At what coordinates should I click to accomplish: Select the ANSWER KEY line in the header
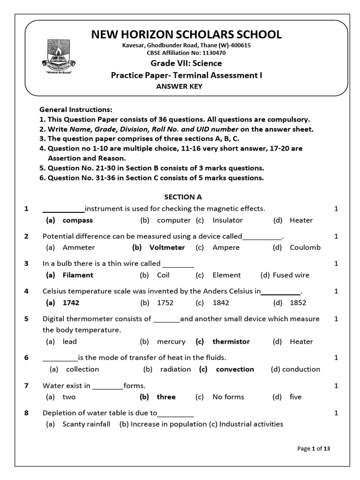(180, 86)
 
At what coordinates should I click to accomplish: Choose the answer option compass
(77, 220)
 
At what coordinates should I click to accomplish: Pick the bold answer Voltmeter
(167, 247)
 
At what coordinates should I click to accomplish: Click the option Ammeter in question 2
(78, 247)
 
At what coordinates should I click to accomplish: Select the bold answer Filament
(78, 275)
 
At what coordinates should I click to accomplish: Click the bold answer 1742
(71, 303)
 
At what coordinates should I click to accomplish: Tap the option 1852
(298, 303)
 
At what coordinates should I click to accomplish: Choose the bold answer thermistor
(231, 342)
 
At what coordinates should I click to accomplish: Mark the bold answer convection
(235, 369)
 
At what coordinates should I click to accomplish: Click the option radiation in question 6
(175, 369)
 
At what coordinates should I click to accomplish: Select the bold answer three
(166, 397)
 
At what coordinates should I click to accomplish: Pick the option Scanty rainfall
(86, 424)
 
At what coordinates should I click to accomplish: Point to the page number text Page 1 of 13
(314, 449)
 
